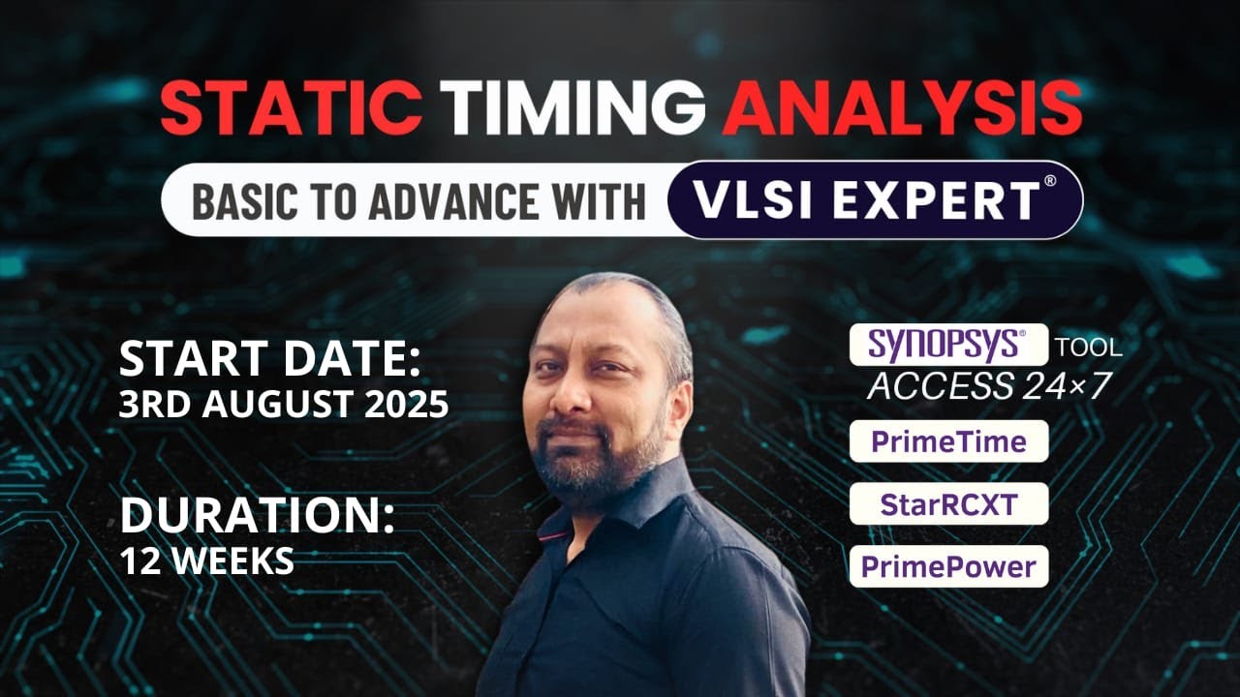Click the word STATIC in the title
click(x=291, y=107)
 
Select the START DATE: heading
click(x=270, y=360)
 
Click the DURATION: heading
click(x=257, y=517)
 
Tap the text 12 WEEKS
click(x=206, y=561)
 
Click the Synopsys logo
click(x=948, y=345)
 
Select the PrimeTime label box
click(x=948, y=441)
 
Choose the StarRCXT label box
click(x=948, y=503)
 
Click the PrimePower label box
click(x=948, y=566)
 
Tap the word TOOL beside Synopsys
click(x=1088, y=347)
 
